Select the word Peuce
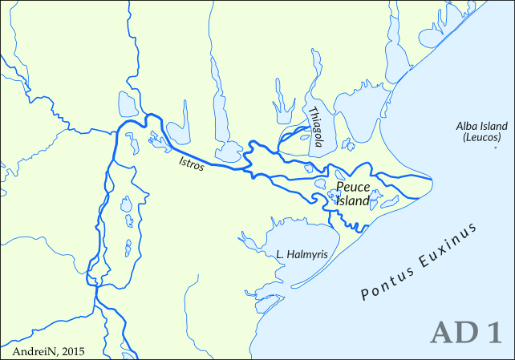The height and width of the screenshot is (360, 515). coord(352,188)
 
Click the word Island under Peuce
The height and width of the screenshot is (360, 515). coord(352,201)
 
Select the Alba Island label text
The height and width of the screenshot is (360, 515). coord(481,127)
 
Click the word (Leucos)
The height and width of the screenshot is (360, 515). coord(481,138)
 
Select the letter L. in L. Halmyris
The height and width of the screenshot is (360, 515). coord(279,255)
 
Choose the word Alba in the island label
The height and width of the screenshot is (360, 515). coord(466,127)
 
